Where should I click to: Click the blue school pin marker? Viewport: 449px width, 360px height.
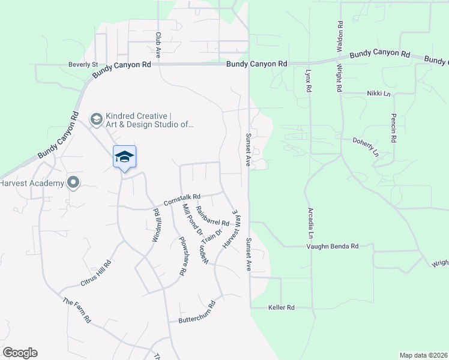click(x=124, y=157)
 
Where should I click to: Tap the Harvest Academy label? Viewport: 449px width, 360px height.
click(x=31, y=182)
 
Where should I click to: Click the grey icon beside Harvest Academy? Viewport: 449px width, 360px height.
click(x=73, y=182)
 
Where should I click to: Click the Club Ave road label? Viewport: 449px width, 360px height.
click(x=158, y=44)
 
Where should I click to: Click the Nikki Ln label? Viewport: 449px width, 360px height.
click(x=379, y=94)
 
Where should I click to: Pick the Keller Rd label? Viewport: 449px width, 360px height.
click(x=282, y=307)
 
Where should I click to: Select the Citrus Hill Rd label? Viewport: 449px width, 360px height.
click(x=96, y=272)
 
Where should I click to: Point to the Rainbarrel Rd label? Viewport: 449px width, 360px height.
click(x=212, y=215)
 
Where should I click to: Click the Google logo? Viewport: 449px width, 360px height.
click(x=20, y=353)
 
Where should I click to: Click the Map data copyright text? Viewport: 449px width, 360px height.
click(x=423, y=355)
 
